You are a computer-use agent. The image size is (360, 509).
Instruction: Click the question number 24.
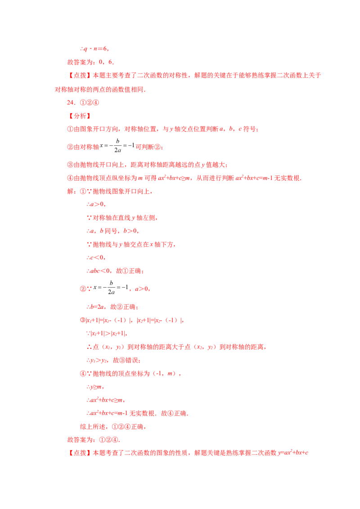tap(71, 103)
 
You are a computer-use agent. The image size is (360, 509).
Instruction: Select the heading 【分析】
tap(80, 116)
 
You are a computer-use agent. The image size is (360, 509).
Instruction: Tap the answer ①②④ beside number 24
tap(90, 103)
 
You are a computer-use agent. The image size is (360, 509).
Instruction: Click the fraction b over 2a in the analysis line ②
tap(117, 145)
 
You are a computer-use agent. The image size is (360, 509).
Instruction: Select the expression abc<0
tap(100, 271)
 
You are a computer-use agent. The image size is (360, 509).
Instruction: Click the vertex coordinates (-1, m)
tap(165, 374)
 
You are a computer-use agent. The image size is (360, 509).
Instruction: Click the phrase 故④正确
tap(174, 413)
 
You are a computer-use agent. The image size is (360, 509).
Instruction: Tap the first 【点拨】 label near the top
tap(80, 75)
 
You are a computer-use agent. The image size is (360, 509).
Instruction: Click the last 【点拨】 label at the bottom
tap(80, 453)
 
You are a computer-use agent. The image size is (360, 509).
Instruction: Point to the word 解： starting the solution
tap(72, 191)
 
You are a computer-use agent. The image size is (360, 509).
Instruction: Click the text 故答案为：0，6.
tap(90, 62)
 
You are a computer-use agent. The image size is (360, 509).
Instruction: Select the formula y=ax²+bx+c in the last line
tap(293, 452)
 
